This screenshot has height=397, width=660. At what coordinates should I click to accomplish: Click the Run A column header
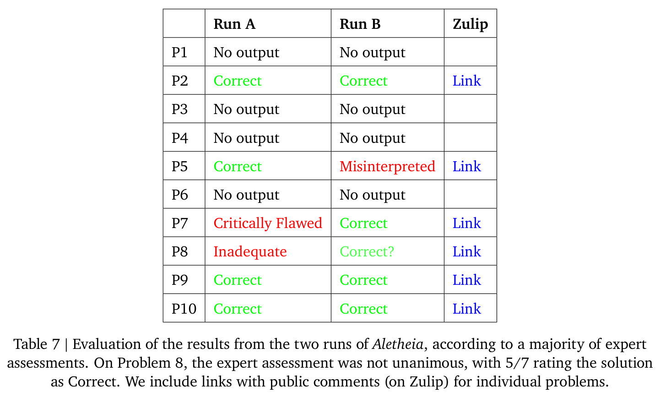tap(234, 24)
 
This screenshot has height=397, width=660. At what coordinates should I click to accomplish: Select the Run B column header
tap(360, 24)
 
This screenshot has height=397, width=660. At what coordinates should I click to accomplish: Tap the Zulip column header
tap(470, 24)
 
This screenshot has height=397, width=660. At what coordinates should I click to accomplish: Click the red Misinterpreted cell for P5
tap(387, 166)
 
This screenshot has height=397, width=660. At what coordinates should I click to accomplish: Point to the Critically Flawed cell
tap(268, 223)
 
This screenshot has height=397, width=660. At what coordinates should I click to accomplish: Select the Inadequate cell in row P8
tap(250, 252)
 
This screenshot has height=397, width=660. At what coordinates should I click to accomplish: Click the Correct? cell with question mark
tap(367, 251)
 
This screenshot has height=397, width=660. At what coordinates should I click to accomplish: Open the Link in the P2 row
tap(467, 81)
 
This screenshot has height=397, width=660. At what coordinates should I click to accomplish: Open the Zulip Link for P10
tap(467, 309)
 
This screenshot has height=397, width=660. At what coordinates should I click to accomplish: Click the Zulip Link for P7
tap(467, 223)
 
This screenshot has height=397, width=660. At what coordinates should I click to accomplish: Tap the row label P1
tap(179, 53)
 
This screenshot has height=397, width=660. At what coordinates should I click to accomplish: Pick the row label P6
tap(180, 195)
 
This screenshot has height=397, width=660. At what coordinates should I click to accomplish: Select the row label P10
tap(184, 309)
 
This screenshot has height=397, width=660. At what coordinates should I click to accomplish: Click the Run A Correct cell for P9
tap(238, 280)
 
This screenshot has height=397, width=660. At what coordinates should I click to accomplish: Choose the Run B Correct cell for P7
tap(363, 223)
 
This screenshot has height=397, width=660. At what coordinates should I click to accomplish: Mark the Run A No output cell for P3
tap(246, 109)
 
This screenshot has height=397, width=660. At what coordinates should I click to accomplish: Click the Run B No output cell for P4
tap(373, 138)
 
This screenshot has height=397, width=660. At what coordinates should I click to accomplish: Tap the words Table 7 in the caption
tap(37, 344)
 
